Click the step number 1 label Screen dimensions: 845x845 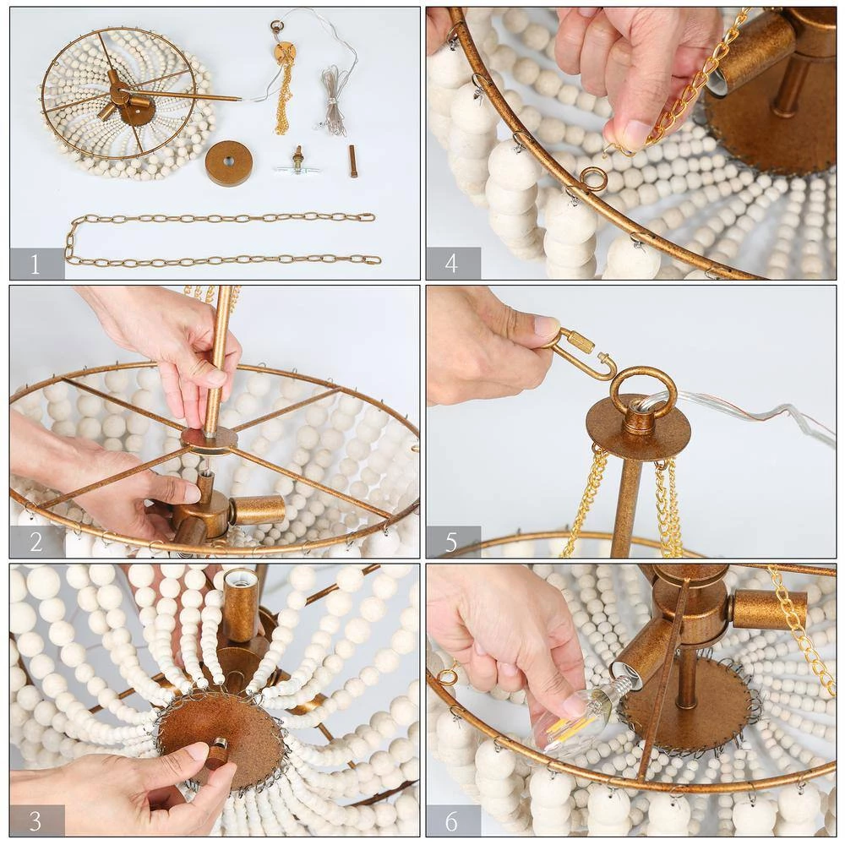pos(35,264)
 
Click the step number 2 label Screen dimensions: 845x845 pos(36,542)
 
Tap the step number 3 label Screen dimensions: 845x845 pos(35,820)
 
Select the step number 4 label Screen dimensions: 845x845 pos(451,264)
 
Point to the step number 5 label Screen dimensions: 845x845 pos(451,542)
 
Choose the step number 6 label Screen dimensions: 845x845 pos(451,820)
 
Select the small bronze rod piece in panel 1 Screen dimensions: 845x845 pos(353,161)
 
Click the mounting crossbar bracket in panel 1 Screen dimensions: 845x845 pos(296,165)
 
